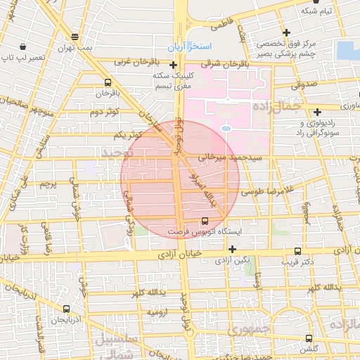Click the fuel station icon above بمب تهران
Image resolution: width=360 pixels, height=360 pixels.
click(75, 37)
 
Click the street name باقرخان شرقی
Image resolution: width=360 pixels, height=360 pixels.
click(222, 64)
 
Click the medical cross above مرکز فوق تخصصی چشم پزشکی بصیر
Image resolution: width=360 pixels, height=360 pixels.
click(285, 32)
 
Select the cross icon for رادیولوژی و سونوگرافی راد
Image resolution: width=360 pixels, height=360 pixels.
click(318, 111)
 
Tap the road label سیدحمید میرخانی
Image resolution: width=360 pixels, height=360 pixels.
click(238, 158)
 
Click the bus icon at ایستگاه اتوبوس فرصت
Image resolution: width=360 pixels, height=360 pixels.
click(205, 220)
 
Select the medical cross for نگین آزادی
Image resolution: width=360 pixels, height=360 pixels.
click(232, 249)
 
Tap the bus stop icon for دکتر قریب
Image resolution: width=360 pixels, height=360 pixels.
click(298, 250)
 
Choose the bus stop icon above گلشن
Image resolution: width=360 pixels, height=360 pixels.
click(309, 338)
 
